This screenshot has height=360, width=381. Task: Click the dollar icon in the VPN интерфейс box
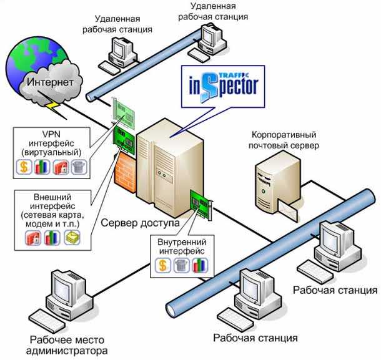(x=23, y=167)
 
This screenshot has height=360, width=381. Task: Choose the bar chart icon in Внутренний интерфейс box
(x=200, y=266)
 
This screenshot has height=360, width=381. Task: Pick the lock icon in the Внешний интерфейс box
(x=33, y=237)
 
